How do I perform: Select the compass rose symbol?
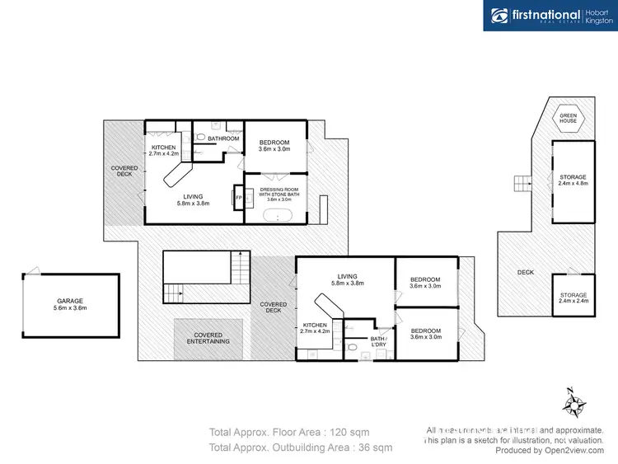[x=574, y=404]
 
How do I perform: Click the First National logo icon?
[x=499, y=16]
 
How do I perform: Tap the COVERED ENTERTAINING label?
[x=208, y=337]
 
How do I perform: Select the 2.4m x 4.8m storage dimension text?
[x=573, y=184]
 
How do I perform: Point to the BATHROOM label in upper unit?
[x=222, y=138]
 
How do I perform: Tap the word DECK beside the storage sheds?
[x=525, y=272]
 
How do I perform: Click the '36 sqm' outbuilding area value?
[x=369, y=448]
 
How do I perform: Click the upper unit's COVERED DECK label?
[x=124, y=171]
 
